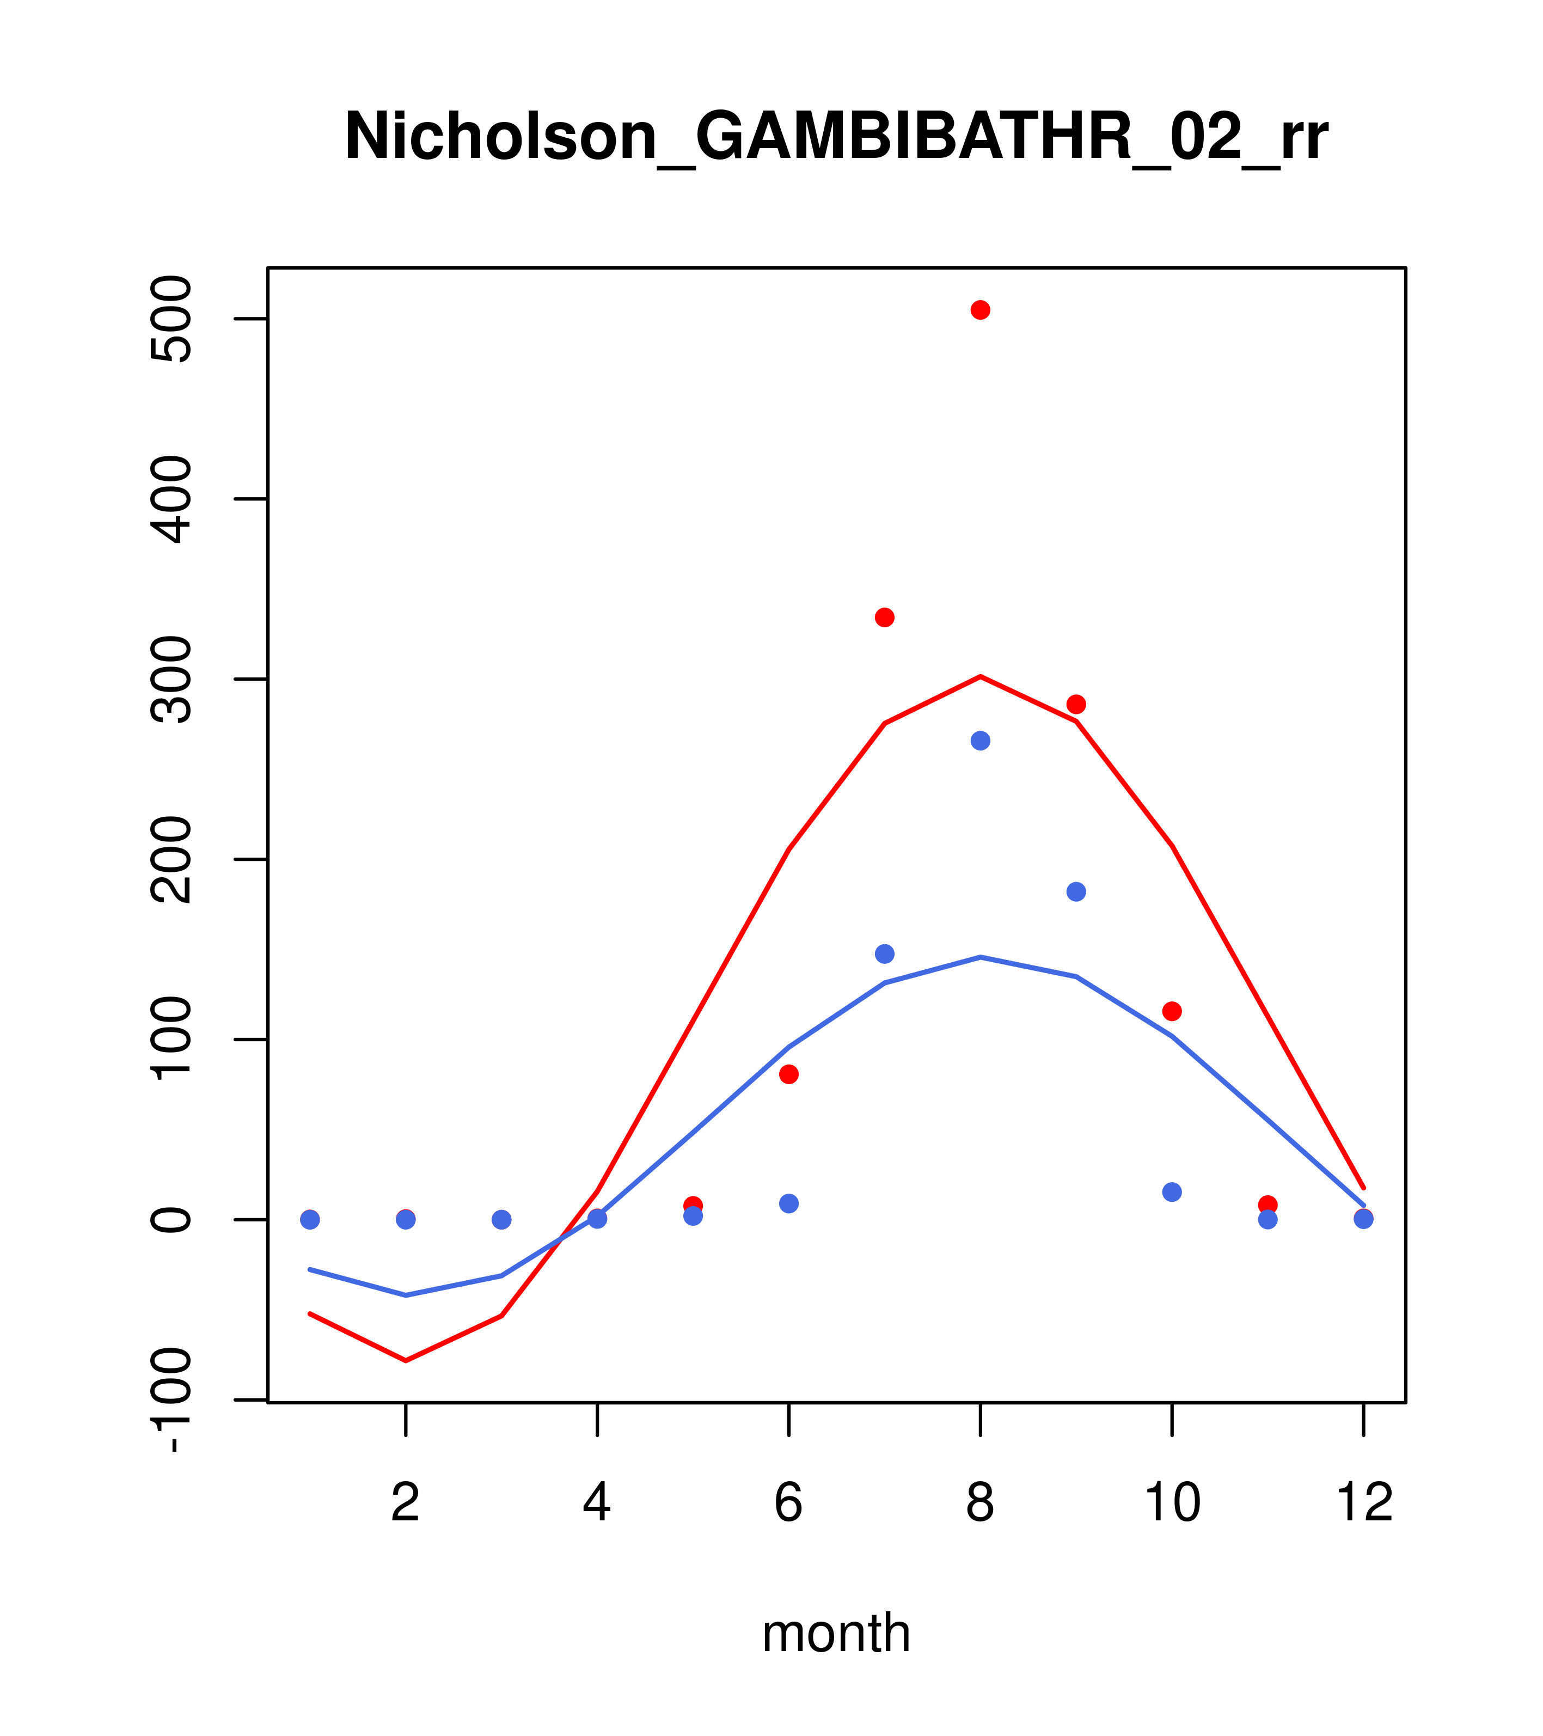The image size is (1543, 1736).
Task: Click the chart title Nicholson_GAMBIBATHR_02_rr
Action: [836, 138]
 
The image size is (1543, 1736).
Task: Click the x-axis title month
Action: [836, 1633]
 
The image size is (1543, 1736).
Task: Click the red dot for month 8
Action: [980, 310]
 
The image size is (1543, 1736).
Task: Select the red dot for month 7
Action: [884, 618]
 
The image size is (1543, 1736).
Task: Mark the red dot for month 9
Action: [1076, 704]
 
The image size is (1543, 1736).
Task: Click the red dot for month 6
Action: [789, 1074]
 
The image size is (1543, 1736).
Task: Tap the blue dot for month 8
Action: [980, 741]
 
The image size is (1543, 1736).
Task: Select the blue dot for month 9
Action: [1076, 892]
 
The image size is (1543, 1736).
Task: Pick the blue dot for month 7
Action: [884, 954]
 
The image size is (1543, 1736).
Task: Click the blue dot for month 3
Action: [502, 1220]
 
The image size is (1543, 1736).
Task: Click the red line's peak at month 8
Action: [980, 677]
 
